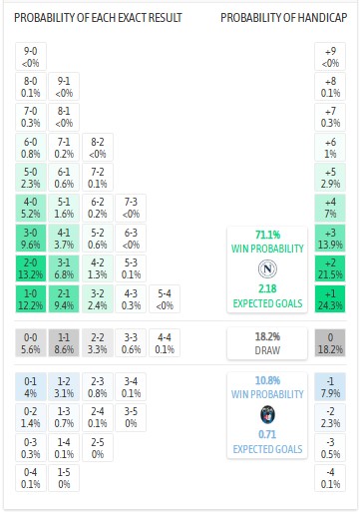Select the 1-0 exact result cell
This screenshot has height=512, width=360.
[x=31, y=299]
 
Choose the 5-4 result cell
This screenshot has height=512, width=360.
[x=164, y=299]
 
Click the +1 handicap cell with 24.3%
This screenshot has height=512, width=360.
[x=329, y=299]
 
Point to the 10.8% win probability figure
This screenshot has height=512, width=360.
[x=266, y=381]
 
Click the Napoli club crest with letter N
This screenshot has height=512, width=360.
[x=266, y=268]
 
